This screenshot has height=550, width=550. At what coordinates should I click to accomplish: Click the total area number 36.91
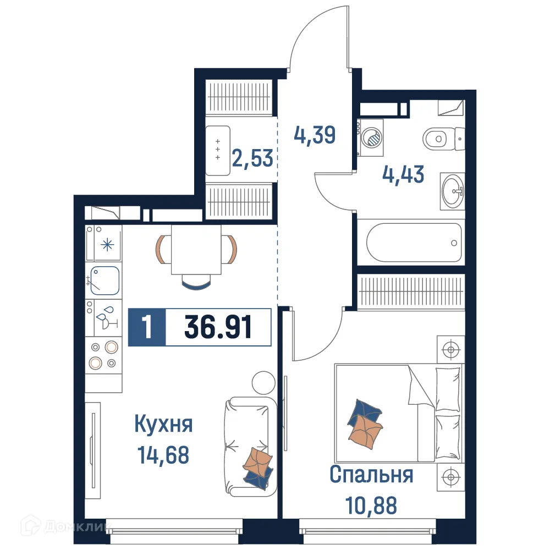pos(218,328)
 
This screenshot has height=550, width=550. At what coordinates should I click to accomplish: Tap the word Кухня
pos(163,425)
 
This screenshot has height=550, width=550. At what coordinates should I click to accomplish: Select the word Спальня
pos(371,475)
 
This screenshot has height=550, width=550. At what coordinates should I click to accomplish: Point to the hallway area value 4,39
pos(315,134)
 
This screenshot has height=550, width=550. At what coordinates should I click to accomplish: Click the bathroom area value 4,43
pos(403,175)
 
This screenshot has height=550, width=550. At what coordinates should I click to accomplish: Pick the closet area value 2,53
pos(252,158)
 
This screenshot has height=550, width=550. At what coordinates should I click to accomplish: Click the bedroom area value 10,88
pos(371,505)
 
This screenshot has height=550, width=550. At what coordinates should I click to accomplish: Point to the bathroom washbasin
pos(453,191)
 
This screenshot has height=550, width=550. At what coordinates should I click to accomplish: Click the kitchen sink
pos(105,280)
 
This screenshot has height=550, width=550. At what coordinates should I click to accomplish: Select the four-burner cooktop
pos(104,355)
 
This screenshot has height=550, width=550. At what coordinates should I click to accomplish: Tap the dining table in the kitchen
pos(196,250)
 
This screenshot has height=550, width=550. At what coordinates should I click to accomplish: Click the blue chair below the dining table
pos(196,283)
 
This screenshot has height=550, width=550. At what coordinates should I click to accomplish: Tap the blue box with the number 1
pos(147,328)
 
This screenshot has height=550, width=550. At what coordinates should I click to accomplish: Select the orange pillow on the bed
pos(365,431)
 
